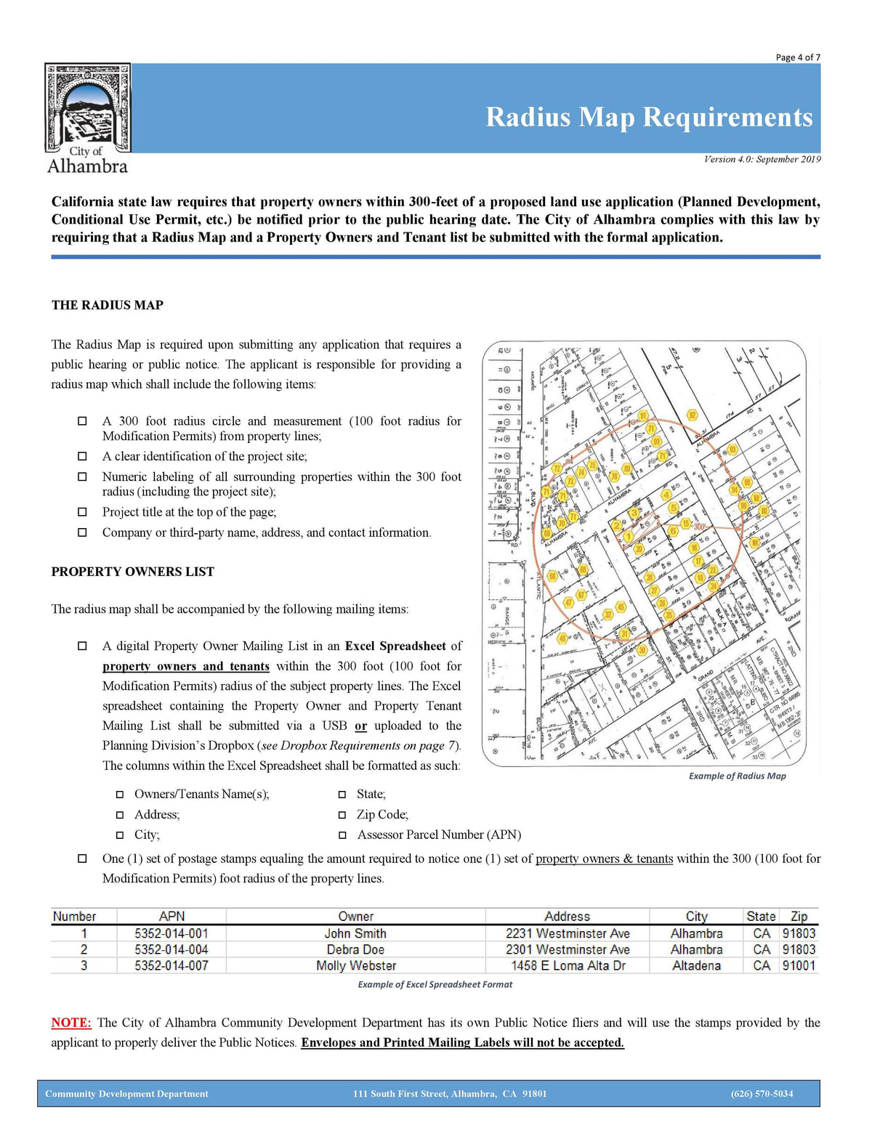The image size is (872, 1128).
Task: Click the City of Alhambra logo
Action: click(87, 118)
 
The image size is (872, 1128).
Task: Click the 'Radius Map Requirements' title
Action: click(649, 117)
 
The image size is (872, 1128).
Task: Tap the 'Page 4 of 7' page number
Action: click(798, 57)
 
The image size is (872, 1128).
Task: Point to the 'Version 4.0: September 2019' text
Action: click(762, 159)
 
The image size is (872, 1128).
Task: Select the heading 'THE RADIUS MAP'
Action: click(107, 305)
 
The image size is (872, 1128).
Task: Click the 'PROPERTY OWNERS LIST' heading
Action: click(132, 572)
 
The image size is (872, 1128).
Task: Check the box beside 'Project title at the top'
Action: click(83, 512)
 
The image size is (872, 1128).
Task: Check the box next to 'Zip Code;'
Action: click(342, 815)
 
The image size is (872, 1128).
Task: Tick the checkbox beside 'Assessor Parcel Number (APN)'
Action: click(342, 835)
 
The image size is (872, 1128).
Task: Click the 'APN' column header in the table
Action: click(171, 917)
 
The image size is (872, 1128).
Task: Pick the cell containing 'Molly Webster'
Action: click(356, 966)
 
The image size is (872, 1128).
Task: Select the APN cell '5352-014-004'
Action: click(171, 949)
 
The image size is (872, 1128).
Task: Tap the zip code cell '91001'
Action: click(799, 966)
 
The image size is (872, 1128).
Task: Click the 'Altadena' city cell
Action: click(696, 966)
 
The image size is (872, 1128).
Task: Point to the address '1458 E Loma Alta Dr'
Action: click(568, 966)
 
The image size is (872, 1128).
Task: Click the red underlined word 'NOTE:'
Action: click(71, 1023)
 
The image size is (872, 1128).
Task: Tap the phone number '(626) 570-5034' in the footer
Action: click(762, 1094)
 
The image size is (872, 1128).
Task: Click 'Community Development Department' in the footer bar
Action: click(126, 1094)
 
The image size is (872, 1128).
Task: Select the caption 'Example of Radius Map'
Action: click(737, 776)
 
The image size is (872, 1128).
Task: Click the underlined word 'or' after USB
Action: click(360, 726)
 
